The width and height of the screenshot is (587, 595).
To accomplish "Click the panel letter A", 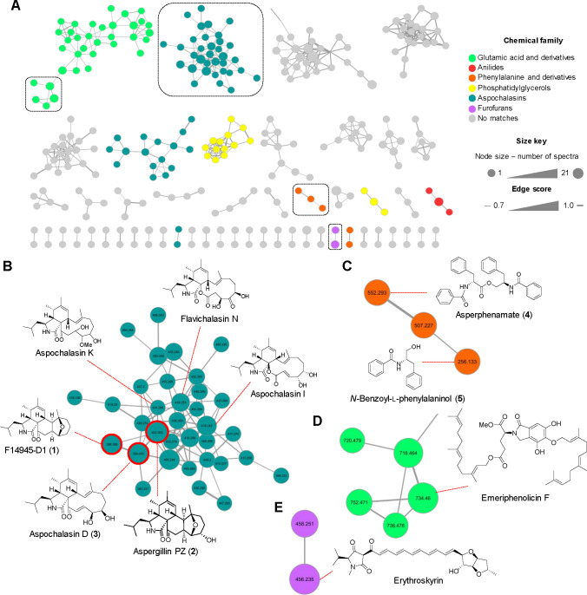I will pos(7,7).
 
